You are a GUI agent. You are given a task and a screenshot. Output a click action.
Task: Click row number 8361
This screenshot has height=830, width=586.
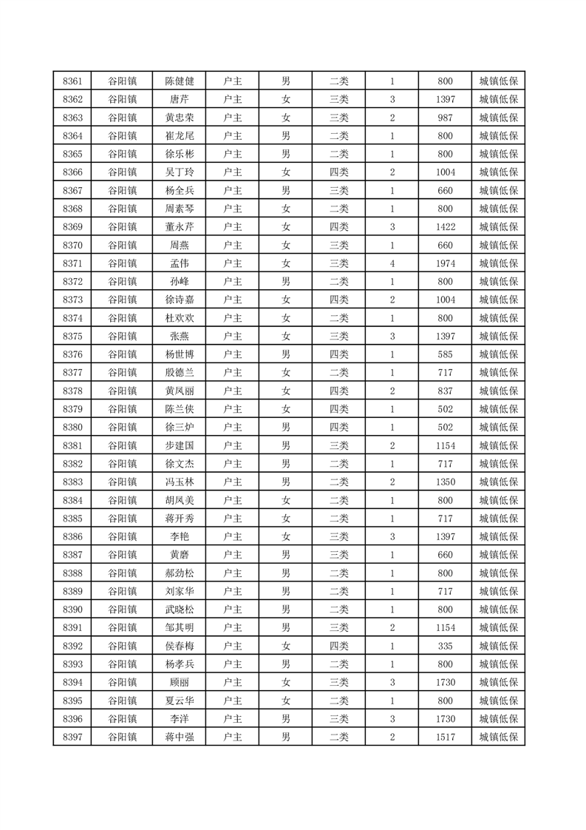[72, 81]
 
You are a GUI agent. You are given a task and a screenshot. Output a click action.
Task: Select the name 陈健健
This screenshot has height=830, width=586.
[179, 81]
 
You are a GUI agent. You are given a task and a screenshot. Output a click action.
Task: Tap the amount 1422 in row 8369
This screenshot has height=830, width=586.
[445, 227]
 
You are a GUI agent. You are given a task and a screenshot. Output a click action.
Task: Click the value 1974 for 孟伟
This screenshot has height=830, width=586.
[445, 263]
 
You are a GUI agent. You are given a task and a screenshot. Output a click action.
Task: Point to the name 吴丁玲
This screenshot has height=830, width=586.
[179, 172]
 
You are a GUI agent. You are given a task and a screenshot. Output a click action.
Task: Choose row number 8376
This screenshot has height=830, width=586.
[72, 354]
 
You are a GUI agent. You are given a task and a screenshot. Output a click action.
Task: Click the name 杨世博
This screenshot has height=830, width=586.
[179, 354]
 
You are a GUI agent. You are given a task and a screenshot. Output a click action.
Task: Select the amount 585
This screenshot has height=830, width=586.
[445, 354]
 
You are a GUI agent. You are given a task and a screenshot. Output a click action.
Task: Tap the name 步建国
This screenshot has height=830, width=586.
[179, 445]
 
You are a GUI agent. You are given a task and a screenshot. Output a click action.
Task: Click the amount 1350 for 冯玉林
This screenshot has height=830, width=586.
[445, 482]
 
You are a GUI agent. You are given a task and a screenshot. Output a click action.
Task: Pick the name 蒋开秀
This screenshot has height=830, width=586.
[179, 518]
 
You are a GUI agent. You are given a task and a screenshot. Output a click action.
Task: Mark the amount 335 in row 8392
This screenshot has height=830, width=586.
[445, 646]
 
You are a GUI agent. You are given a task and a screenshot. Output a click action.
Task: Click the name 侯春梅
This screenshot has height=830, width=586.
[179, 646]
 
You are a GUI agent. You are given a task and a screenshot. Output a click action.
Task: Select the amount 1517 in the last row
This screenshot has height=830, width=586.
[445, 737]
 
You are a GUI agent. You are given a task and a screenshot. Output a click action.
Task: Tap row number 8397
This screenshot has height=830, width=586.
[72, 737]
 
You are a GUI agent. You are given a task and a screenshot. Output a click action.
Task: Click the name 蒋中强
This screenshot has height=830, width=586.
[179, 737]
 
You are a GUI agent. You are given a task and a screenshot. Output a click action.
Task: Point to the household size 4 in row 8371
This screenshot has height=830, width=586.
[392, 263]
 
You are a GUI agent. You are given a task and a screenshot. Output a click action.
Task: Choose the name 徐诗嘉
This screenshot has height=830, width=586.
[179, 300]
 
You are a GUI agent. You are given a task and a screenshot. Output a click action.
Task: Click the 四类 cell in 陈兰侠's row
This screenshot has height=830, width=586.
[338, 409]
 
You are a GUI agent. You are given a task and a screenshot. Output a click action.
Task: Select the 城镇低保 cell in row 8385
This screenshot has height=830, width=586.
[498, 518]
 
